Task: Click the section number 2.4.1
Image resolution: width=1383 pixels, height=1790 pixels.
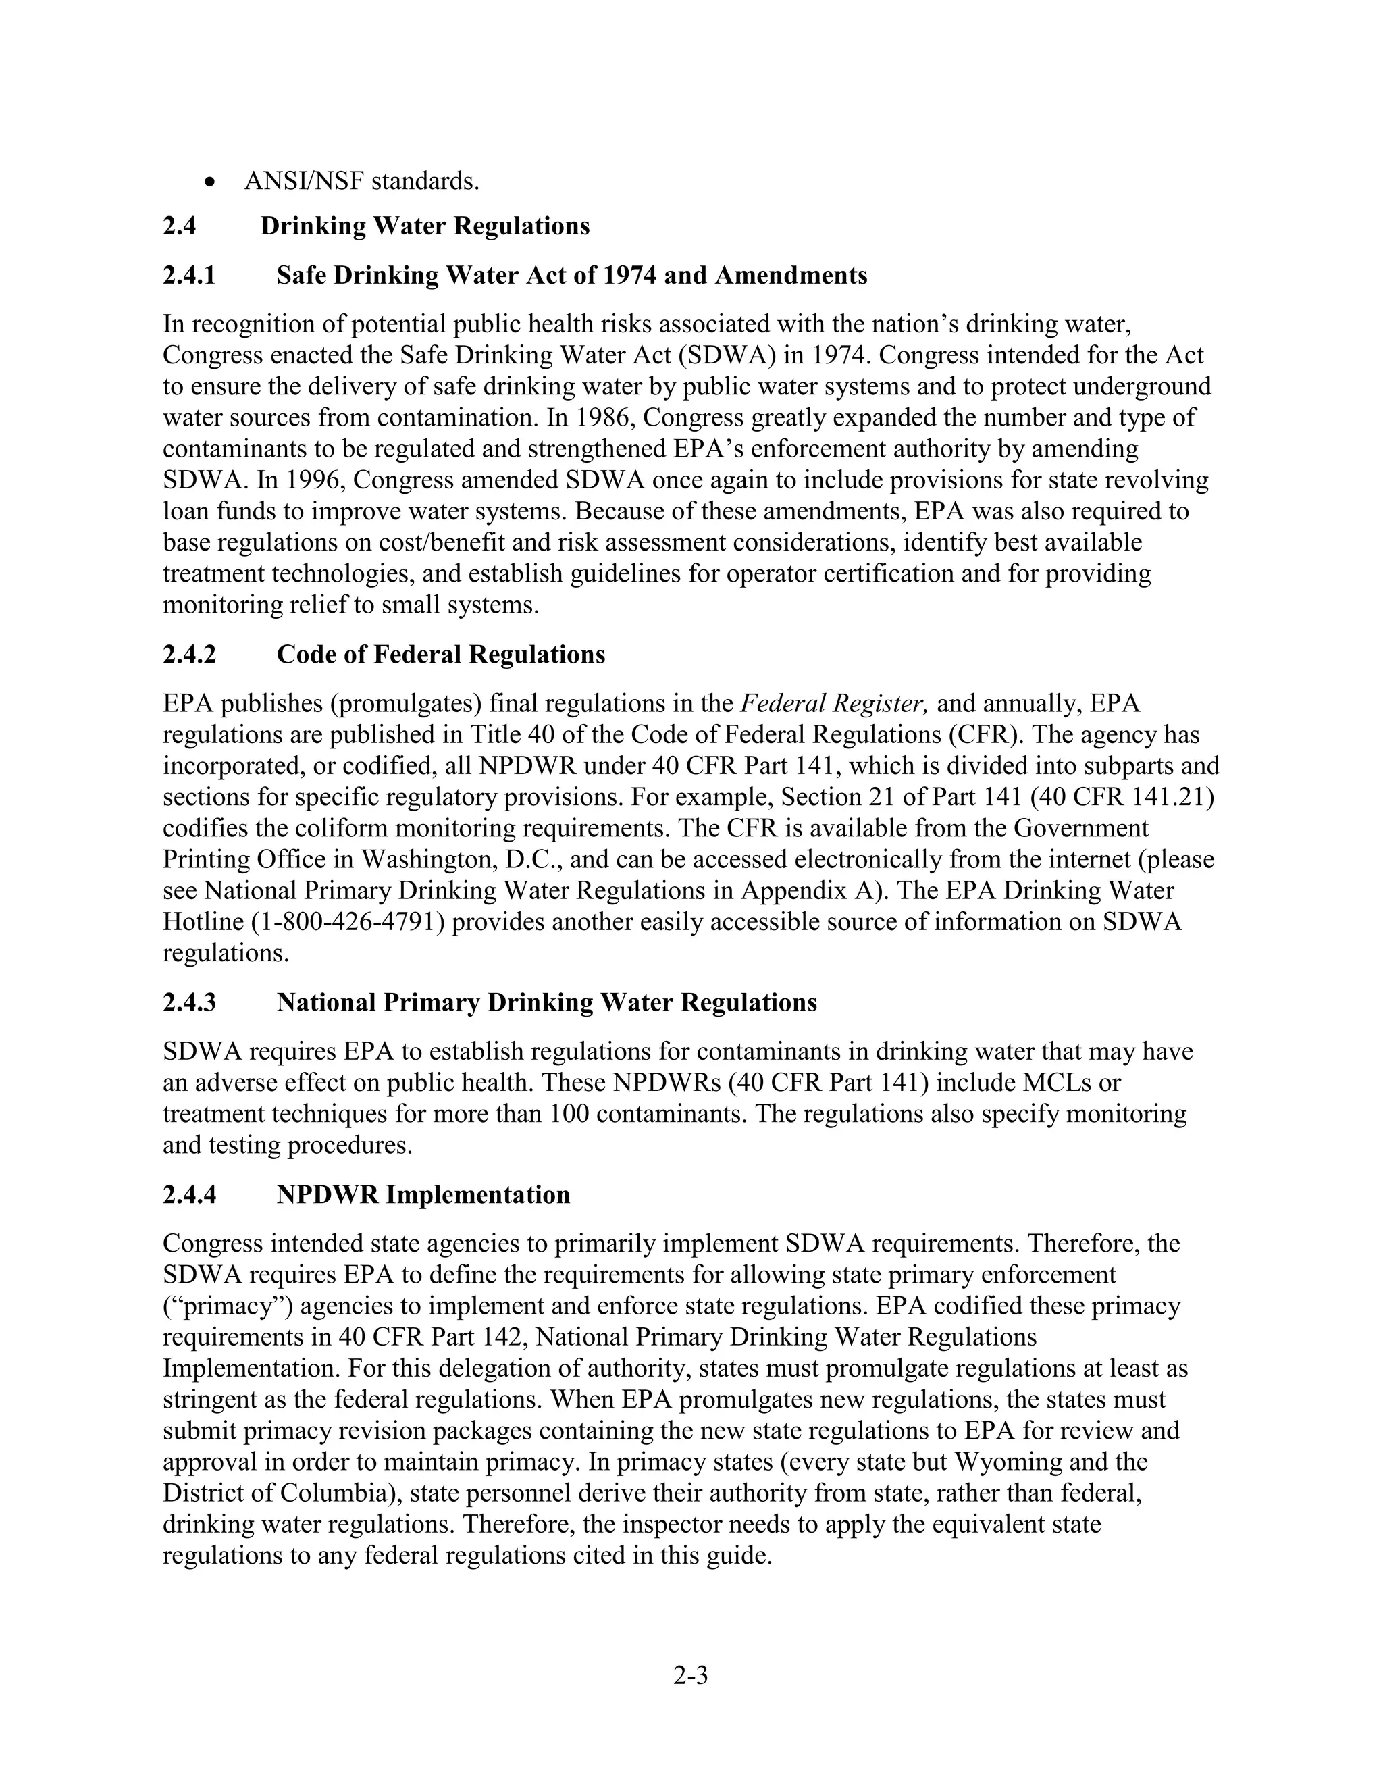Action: (x=189, y=276)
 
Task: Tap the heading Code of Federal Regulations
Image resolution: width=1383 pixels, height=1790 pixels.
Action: (x=441, y=654)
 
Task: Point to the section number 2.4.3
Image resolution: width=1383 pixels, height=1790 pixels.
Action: (x=189, y=1002)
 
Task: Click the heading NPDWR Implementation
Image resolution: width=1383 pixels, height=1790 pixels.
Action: (x=423, y=1194)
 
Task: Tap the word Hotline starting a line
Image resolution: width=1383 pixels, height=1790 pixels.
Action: (x=203, y=922)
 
